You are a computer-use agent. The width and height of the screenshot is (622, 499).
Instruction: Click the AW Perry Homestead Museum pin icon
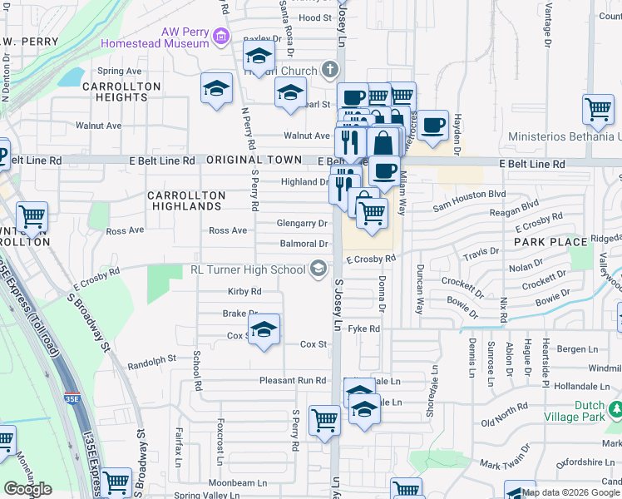tap(220, 37)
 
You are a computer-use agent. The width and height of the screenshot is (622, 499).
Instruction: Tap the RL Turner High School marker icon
tap(317, 269)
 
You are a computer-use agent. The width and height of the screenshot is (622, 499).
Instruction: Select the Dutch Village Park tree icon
tap(616, 409)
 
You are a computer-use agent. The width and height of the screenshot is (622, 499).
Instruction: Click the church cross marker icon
tap(331, 70)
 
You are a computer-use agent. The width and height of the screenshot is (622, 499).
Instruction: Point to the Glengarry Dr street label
tap(302, 223)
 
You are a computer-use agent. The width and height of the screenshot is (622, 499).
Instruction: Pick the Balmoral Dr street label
tap(304, 244)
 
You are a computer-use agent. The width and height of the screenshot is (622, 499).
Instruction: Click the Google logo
tap(27, 489)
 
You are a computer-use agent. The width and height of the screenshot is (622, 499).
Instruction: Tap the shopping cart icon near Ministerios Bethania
tap(598, 109)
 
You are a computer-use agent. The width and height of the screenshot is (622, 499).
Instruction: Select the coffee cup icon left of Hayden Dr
tap(432, 125)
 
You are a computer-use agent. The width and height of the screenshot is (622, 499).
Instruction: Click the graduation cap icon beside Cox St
tap(264, 330)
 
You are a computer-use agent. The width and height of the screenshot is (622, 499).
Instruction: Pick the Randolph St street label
tap(152, 360)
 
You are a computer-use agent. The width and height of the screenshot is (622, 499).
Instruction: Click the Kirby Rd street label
tap(244, 292)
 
